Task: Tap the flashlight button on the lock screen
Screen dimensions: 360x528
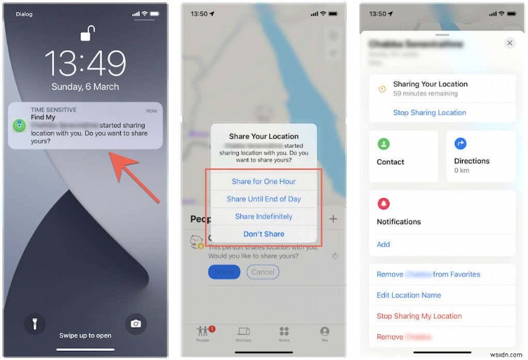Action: pyautogui.click(x=35, y=323)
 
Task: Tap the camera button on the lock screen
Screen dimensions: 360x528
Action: pyautogui.click(x=135, y=323)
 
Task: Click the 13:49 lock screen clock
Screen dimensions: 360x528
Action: pyautogui.click(x=85, y=63)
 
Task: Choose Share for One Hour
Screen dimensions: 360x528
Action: pyautogui.click(x=263, y=182)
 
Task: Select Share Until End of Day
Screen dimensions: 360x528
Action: pyautogui.click(x=263, y=199)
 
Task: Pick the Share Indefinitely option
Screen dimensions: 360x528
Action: pyautogui.click(x=263, y=217)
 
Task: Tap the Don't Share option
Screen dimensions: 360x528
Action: pyautogui.click(x=263, y=234)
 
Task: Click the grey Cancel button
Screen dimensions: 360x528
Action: pyautogui.click(x=263, y=271)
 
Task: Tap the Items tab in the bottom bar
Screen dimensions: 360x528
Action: pyautogui.click(x=284, y=333)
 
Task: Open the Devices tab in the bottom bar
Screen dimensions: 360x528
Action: pyautogui.click(x=244, y=333)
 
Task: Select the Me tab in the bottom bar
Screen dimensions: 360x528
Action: pyautogui.click(x=325, y=333)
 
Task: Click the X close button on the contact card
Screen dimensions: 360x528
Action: pyautogui.click(x=510, y=43)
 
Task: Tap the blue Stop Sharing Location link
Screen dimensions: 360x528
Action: pyautogui.click(x=430, y=113)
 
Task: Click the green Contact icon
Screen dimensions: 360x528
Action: pyautogui.click(x=383, y=143)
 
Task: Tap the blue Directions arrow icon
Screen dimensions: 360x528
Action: pyautogui.click(x=461, y=143)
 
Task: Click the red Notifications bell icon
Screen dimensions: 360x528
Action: pyautogui.click(x=383, y=204)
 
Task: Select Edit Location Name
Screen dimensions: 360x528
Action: pyautogui.click(x=409, y=295)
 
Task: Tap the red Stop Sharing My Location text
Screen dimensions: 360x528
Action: pyautogui.click(x=419, y=316)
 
